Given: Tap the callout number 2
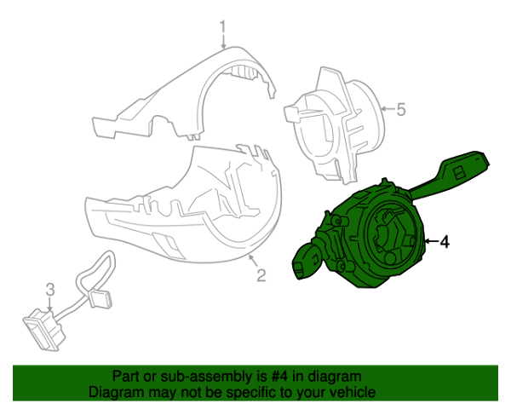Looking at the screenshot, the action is pos(261,275).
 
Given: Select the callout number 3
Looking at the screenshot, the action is pos(50,290).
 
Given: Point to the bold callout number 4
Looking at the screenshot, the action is pos(445,242).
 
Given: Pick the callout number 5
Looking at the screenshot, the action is pos(401,109).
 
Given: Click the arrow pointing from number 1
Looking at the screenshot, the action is pos(223,42).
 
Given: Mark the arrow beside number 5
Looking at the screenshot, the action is pos(388,109).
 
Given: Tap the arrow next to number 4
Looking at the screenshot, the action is pos(431,241).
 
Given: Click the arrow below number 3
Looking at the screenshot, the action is pos(50,304).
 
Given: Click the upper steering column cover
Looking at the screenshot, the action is pos(184,94).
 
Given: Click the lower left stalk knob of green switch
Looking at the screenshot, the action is pos(307,262).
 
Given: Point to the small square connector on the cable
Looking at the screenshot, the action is pos(100,299).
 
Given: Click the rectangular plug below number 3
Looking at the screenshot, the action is pos(45,330).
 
